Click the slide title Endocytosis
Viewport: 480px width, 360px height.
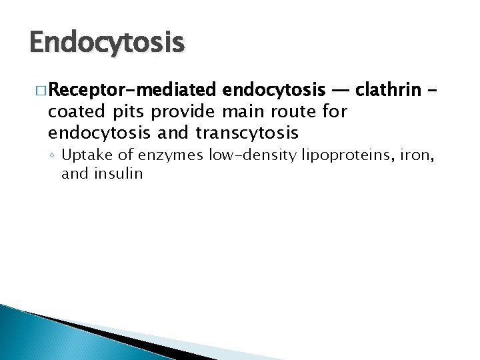(107, 43)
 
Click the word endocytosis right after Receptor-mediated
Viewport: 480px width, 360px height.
(275, 89)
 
